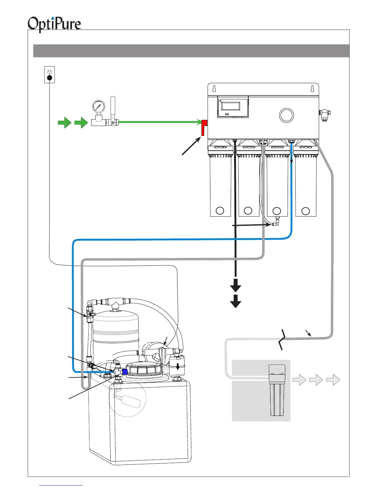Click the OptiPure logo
coord(54,24)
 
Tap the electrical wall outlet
coord(50,75)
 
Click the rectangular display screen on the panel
coord(231,106)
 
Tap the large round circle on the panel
coord(286,115)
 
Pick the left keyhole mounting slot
coord(214,89)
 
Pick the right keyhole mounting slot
coord(312,89)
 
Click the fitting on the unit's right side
coord(324,115)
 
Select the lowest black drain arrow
coord(236,301)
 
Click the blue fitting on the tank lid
coord(125,372)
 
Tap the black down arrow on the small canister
coord(177,366)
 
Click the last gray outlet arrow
coord(333,380)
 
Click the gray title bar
coord(191,51)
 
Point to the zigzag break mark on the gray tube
coord(282,339)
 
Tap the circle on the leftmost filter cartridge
coord(220,211)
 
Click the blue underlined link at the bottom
coord(61,486)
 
